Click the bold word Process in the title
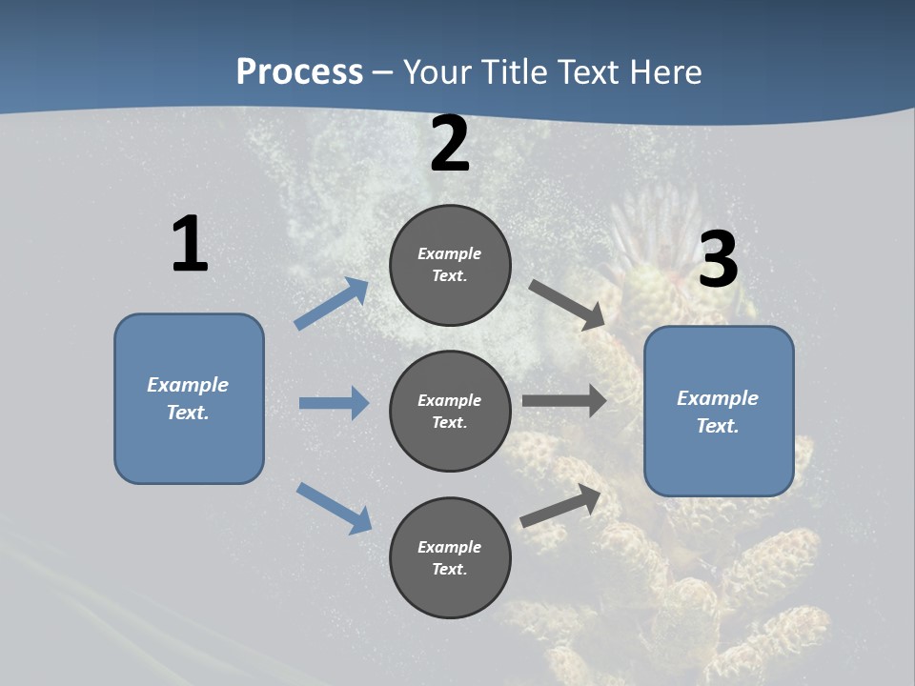[299, 72]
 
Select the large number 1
[190, 245]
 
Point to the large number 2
[450, 145]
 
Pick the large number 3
[718, 260]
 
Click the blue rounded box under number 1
[189, 398]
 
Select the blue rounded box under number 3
[719, 412]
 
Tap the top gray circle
[450, 265]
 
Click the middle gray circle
[450, 412]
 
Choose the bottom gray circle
[450, 558]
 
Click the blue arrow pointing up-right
[332, 304]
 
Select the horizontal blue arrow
[334, 403]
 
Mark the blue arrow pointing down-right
[334, 508]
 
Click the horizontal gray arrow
[564, 401]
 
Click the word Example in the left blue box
[188, 385]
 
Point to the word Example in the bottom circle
[450, 547]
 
